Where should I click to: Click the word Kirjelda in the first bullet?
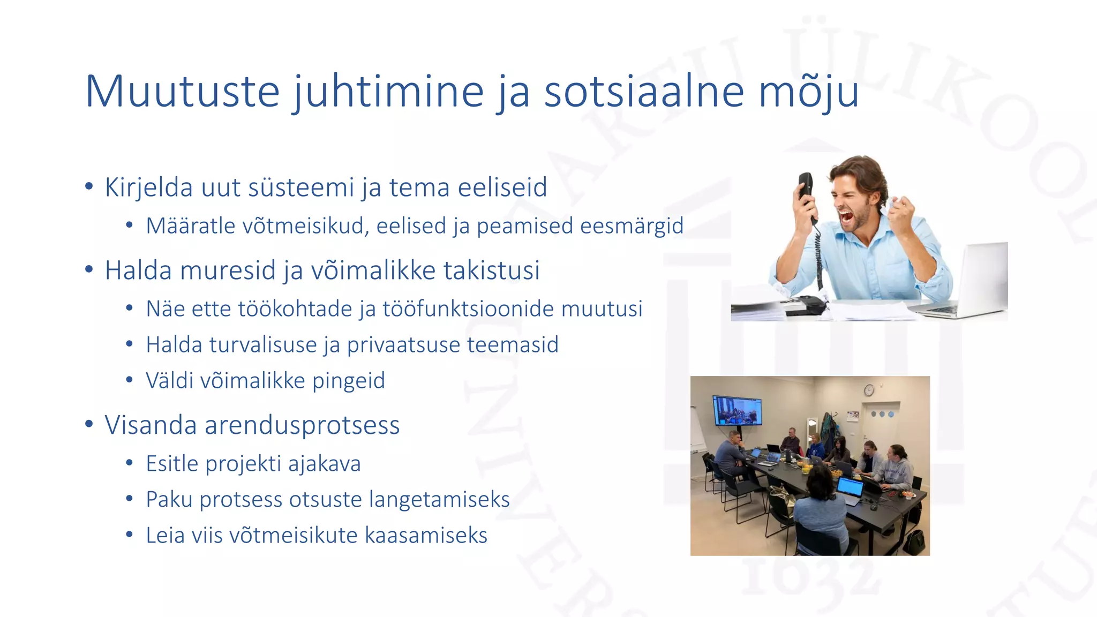[148, 187]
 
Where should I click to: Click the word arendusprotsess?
[302, 425]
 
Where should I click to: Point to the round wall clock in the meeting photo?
[869, 390]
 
